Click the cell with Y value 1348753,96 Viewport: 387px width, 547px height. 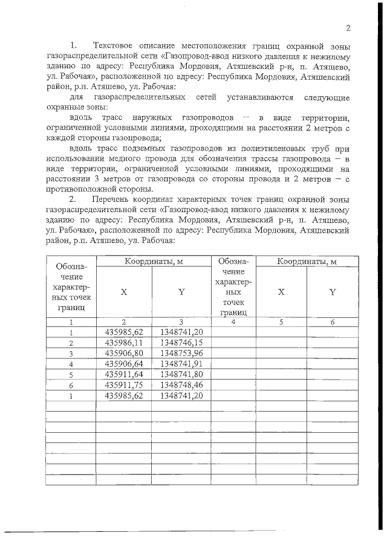[x=181, y=352]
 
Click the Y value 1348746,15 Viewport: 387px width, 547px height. [x=181, y=342]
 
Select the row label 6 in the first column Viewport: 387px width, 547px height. [x=71, y=384]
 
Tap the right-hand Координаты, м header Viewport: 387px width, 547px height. [x=307, y=261]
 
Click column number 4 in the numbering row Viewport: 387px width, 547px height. [x=232, y=322]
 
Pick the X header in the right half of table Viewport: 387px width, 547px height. [x=281, y=291]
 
